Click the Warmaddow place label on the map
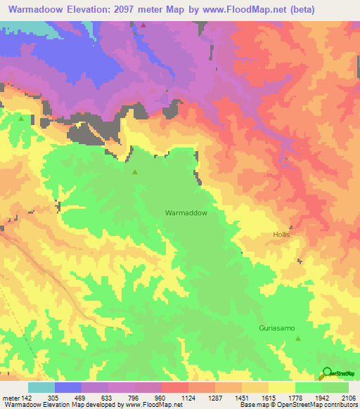click(186, 212)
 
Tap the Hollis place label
click(281, 235)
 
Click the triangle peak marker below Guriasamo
click(298, 339)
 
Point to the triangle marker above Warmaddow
click(135, 171)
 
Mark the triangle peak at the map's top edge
click(143, 25)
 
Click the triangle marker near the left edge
click(21, 118)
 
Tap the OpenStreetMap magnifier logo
click(327, 372)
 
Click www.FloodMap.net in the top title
click(227, 10)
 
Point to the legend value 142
click(26, 398)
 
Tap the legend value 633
click(108, 398)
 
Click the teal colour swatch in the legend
click(41, 387)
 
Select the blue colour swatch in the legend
click(68, 387)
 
